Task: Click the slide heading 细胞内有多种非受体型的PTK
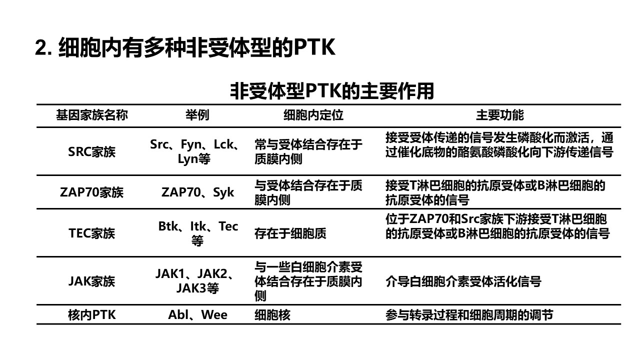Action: pyautogui.click(x=197, y=47)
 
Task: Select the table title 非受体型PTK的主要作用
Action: pyautogui.click(x=332, y=91)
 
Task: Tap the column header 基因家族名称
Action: pyautogui.click(x=92, y=115)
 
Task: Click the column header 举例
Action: pyautogui.click(x=197, y=115)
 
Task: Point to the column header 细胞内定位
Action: pyautogui.click(x=313, y=115)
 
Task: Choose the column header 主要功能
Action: pyautogui.click(x=500, y=115)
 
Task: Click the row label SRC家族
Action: pyautogui.click(x=91, y=151)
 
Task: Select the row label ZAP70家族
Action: pyautogui.click(x=91, y=192)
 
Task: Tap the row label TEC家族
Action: pyautogui.click(x=91, y=233)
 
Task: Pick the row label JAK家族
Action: pyautogui.click(x=91, y=281)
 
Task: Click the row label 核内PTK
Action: pyautogui.click(x=91, y=315)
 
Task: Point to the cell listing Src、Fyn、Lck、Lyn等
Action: pyautogui.click(x=194, y=151)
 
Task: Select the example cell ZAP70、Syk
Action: pyautogui.click(x=197, y=192)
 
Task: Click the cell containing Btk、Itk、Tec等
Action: pyautogui.click(x=198, y=233)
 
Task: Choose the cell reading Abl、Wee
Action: pyautogui.click(x=197, y=315)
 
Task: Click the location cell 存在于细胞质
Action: pyautogui.click(x=290, y=233)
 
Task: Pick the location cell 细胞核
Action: pyautogui.click(x=272, y=315)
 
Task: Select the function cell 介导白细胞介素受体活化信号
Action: pyautogui.click(x=463, y=281)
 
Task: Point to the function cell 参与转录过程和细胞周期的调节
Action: pyautogui.click(x=469, y=315)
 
